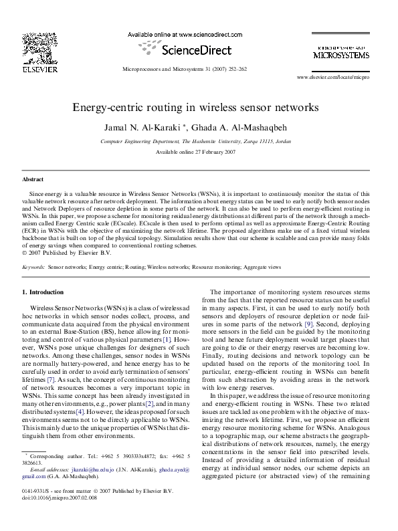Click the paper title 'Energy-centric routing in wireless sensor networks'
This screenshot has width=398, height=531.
pos(199,106)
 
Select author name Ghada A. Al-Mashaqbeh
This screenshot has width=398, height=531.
pos(240,127)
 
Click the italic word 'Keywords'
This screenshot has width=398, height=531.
pos(33,266)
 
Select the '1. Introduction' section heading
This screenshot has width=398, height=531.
pos(43,292)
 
